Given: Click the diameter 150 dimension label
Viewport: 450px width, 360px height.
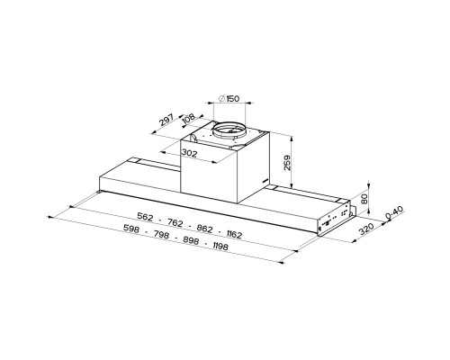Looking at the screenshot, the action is coord(229,98).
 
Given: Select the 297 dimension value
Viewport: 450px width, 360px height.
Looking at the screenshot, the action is coord(166,120).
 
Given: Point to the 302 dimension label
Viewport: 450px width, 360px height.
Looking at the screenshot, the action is coord(189,153).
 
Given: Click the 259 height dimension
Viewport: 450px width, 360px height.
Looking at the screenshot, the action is coord(287,163).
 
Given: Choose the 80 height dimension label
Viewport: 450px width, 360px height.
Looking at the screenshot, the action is coord(364,199).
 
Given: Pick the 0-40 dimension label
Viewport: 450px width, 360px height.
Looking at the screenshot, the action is coord(394,212).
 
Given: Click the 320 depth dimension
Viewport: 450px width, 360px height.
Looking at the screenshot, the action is coord(366,229).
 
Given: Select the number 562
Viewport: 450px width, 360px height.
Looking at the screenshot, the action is coord(145,216).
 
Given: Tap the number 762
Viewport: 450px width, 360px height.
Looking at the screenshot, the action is coord(175,222).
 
